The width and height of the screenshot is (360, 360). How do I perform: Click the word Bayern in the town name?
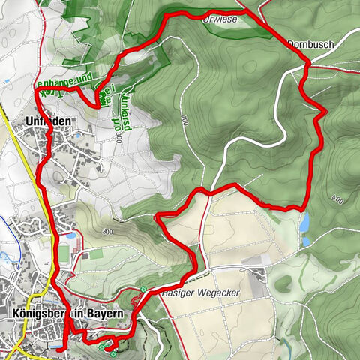(x=105, y=315)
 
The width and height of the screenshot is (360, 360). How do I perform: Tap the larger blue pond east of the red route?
(x=303, y=222)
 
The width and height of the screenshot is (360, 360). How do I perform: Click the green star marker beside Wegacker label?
(x=143, y=289)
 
